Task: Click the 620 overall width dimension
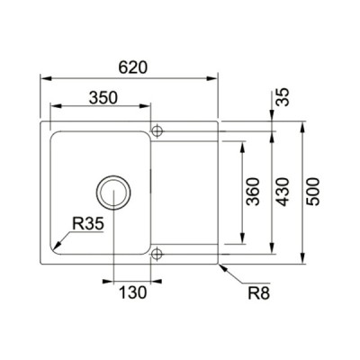click(133, 67)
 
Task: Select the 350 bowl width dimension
click(103, 98)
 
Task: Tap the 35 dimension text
click(283, 97)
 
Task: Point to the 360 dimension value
click(253, 192)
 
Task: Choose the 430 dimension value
click(283, 192)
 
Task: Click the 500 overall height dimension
click(312, 192)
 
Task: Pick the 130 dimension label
click(133, 292)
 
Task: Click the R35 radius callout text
click(88, 224)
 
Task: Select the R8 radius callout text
click(259, 293)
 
